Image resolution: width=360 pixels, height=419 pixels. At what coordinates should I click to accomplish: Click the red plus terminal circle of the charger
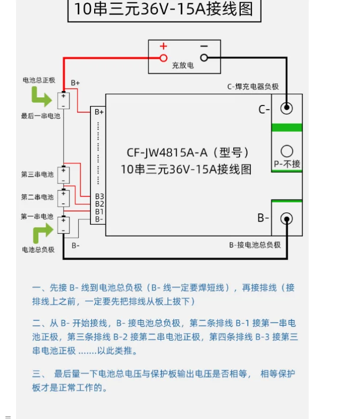point(164,58)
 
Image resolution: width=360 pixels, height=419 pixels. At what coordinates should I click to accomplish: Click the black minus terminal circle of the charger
point(204,58)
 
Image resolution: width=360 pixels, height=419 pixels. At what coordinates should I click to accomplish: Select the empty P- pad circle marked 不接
point(287,151)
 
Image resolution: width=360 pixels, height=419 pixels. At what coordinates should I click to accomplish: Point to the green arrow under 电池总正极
point(41,97)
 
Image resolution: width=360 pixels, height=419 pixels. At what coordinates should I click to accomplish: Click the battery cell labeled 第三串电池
point(64,175)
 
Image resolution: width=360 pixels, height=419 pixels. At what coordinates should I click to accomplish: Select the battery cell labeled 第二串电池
point(64,198)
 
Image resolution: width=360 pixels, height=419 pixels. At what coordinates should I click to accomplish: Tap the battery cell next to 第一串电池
point(64,224)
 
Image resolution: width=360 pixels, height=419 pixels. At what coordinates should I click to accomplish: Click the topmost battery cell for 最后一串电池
point(64,100)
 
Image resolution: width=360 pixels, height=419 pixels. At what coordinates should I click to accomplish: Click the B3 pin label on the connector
point(99,197)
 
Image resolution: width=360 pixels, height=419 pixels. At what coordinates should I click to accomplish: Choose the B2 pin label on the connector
point(99,204)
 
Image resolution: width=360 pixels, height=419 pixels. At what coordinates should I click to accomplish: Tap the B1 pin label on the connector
point(99,212)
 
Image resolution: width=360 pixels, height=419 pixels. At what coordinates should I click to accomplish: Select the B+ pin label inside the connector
point(99,112)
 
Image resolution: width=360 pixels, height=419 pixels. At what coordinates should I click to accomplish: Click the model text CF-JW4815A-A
point(167,153)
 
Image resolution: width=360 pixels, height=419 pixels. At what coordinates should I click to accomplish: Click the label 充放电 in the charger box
point(183,65)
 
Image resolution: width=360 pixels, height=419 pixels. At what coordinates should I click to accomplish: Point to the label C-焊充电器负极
point(253,87)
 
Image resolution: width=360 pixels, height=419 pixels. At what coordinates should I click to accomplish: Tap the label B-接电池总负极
point(255,245)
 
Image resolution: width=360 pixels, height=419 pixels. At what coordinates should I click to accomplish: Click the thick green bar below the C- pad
point(287,127)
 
